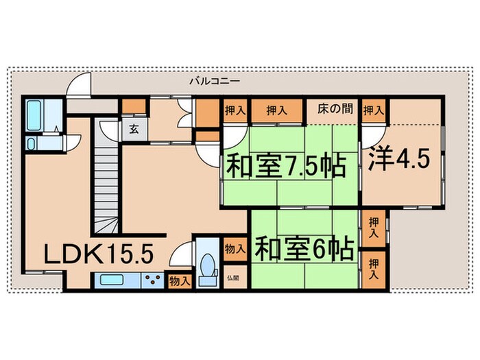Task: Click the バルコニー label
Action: coord(215,81)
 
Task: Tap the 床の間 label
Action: coord(335,108)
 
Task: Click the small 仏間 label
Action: coord(233,278)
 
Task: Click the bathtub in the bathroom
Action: coord(35,116)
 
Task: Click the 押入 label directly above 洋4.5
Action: coord(374,109)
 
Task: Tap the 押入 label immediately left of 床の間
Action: coord(276,109)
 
